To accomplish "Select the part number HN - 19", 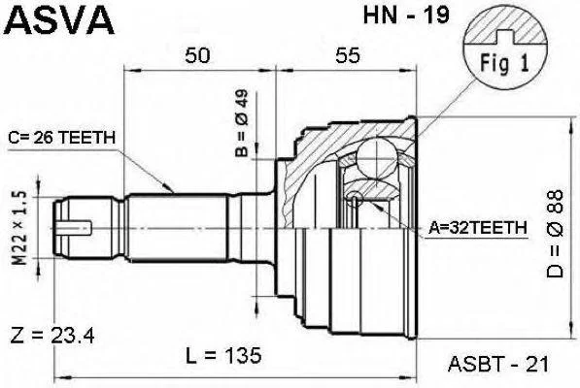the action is coord(406,16).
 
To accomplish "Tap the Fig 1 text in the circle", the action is coord(505,63).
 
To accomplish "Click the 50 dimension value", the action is coord(197,55).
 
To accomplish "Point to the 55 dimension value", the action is coord(348,55).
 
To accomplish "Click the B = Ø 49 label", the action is coord(242,123).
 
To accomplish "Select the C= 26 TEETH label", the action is coord(62,138).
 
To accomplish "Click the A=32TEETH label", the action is coord(478,227).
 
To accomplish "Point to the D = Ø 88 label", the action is coord(555,234).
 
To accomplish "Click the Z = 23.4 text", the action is coord(52,336).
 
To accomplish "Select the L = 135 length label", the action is coord(223,355).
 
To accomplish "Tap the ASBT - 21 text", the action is coord(498,365).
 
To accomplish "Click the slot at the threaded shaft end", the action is coord(75,227).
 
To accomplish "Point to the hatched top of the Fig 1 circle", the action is coord(505,25).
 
